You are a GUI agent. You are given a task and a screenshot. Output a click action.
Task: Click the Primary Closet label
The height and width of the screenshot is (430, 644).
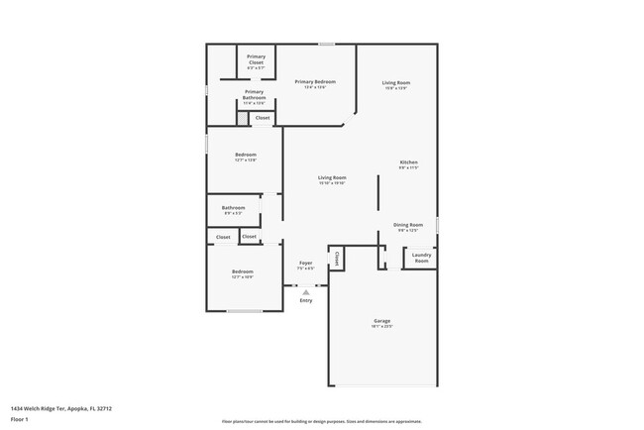click(256, 58)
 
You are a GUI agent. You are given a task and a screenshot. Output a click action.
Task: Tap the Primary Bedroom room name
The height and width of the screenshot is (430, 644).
click(319, 82)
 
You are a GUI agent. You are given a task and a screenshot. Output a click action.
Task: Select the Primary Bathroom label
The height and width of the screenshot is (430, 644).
click(255, 94)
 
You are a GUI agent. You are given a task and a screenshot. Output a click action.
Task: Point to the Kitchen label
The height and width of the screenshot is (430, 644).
click(408, 162)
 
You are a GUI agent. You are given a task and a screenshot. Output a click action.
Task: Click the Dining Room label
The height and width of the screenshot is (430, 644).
click(408, 225)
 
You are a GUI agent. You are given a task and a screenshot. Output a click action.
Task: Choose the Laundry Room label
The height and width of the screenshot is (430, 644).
click(421, 257)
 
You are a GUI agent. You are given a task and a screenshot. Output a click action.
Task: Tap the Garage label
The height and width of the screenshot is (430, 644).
click(382, 321)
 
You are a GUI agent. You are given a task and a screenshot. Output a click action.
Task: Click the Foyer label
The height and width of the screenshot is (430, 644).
click(306, 264)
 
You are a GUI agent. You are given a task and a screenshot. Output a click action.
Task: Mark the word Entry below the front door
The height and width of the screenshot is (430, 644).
click(306, 300)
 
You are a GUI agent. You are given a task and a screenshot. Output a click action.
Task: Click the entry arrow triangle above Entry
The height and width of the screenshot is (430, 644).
click(306, 292)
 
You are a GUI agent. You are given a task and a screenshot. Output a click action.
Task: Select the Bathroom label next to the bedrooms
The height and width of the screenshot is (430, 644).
click(234, 208)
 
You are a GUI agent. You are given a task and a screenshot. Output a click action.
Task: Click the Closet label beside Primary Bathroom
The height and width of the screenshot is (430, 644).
click(263, 118)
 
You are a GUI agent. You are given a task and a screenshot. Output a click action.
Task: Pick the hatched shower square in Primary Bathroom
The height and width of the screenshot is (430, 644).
click(241, 118)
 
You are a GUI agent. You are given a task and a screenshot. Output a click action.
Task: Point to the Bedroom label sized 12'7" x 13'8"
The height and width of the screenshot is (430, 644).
click(246, 156)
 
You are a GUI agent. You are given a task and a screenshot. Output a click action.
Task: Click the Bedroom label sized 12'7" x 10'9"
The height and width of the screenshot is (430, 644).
click(243, 272)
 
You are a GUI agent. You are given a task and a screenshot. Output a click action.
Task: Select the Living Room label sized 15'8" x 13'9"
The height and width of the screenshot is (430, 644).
click(396, 83)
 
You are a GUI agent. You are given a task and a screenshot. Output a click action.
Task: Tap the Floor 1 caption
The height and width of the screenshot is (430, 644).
click(21, 419)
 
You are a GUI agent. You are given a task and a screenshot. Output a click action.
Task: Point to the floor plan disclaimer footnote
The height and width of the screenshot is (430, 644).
click(322, 422)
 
